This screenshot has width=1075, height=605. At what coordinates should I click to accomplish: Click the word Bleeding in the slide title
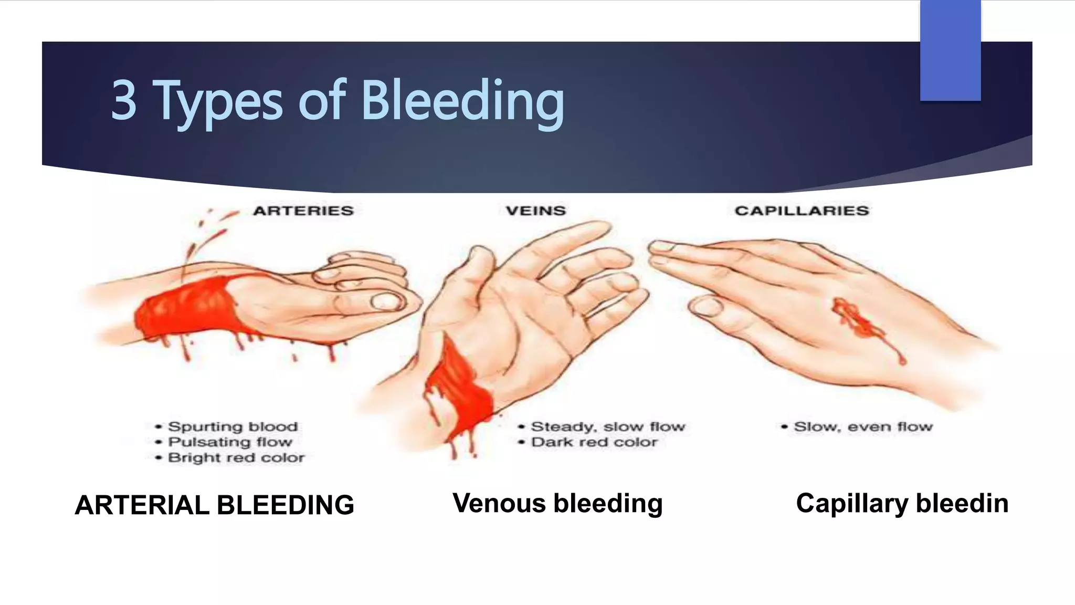[462, 101]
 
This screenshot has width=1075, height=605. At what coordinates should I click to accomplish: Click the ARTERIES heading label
[303, 211]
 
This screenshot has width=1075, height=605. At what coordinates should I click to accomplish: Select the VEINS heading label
[535, 211]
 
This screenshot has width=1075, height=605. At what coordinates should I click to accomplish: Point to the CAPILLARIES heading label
[802, 211]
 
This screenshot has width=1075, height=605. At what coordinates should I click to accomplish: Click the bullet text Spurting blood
[233, 426]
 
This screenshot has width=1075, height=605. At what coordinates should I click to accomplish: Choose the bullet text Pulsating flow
[230, 442]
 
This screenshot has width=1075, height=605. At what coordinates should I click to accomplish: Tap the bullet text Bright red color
[236, 457]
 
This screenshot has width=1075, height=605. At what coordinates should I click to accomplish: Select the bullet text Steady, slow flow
[608, 426]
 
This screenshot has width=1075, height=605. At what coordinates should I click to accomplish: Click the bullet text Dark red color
[594, 442]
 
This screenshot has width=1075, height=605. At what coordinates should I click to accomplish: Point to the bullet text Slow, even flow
[863, 426]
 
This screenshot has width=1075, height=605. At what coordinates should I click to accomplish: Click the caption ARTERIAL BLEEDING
[214, 505]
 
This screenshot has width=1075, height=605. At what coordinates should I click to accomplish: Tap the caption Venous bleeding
[557, 503]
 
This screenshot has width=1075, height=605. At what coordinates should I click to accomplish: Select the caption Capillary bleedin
[902, 503]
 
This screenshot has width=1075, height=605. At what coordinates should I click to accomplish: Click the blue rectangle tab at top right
[950, 50]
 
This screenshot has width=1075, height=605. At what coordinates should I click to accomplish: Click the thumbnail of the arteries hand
[386, 301]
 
